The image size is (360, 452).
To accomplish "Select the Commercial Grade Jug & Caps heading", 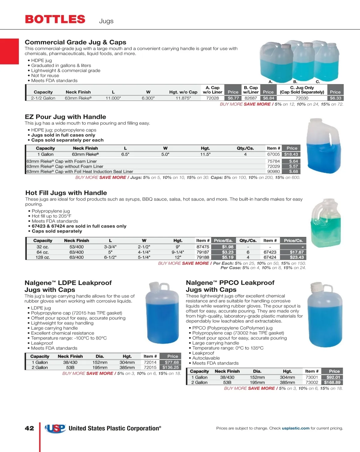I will coord(75,42).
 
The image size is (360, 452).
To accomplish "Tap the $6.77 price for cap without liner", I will coord(233,98).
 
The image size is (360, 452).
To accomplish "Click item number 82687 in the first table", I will coord(251,98).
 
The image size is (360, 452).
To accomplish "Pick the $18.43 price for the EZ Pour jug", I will coord(291,154).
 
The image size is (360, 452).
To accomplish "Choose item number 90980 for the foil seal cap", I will coord(273,171).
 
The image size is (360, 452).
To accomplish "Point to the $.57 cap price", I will coord(293,166).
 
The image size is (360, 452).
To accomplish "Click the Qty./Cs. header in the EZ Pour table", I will coord(245,148).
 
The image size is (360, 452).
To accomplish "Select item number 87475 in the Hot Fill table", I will coord(203,247).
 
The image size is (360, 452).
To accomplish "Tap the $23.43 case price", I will coord(297,257).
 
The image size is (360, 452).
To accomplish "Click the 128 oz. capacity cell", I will coord(43,257).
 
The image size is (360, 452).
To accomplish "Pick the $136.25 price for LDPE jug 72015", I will coord(170,367).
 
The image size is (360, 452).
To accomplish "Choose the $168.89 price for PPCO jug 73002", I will coord(332,382).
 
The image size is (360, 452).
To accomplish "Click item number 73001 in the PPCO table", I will coord(312,377).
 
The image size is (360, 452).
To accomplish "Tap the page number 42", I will coord(29,428).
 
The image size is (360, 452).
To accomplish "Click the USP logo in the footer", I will coord(55,428).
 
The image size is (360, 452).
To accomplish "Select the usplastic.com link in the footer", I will coord(295,428).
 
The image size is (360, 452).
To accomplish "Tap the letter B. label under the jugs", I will coord(295,82).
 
